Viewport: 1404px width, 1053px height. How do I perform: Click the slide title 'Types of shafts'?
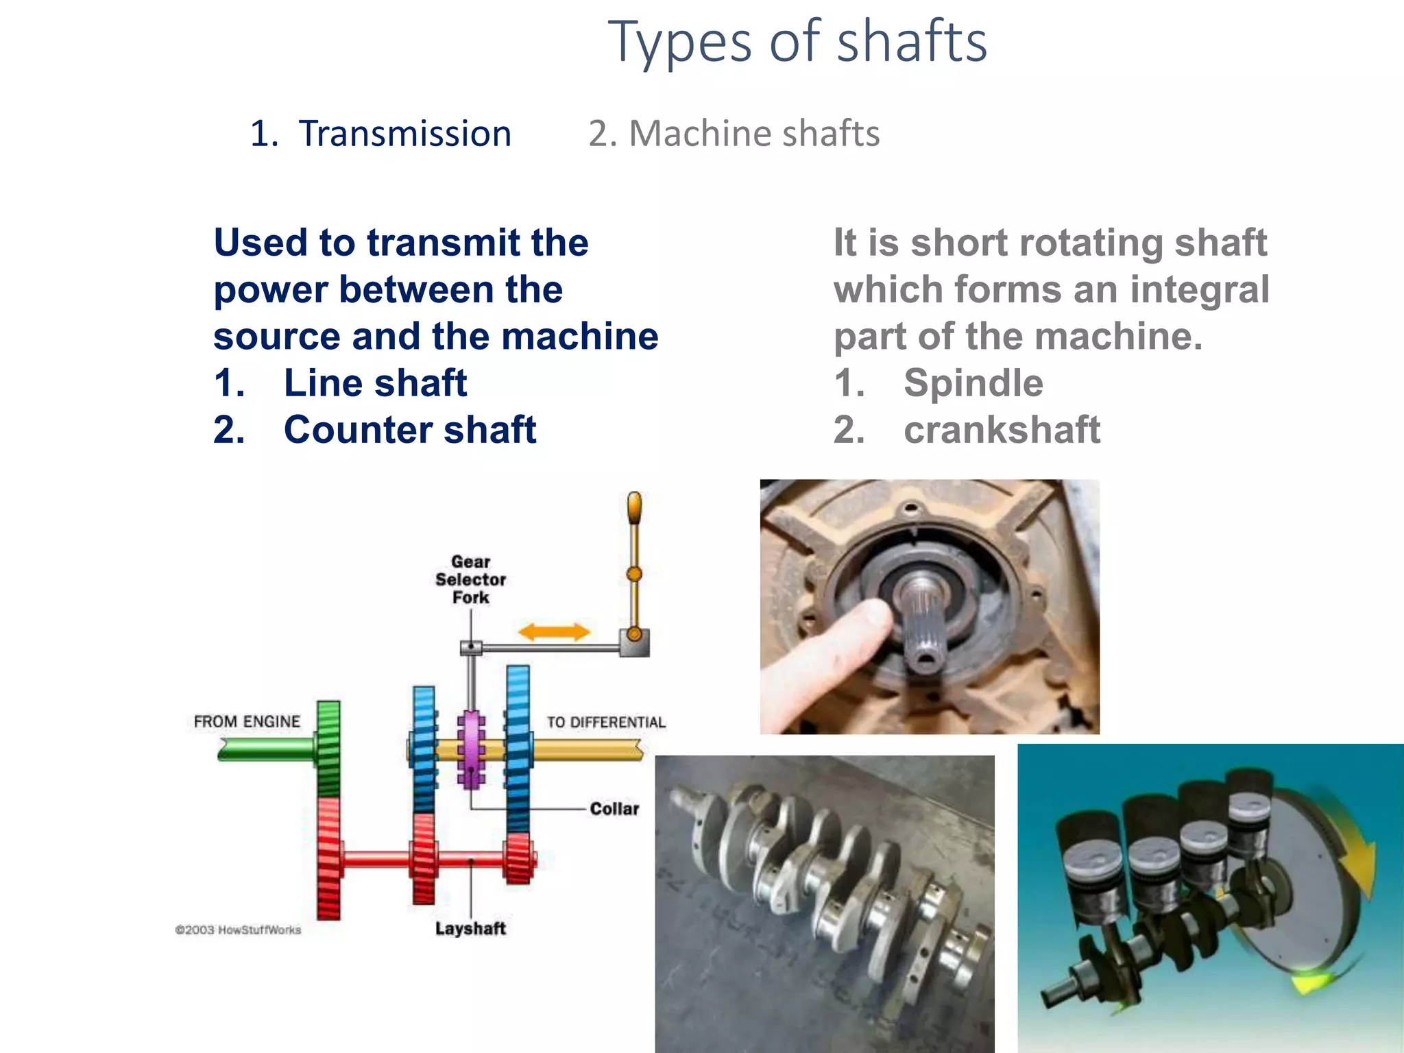(x=797, y=43)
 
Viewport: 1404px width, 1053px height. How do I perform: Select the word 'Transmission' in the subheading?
(x=404, y=134)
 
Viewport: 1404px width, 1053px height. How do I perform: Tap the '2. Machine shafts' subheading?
(x=734, y=134)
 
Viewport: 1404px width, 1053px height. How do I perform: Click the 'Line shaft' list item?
(x=375, y=383)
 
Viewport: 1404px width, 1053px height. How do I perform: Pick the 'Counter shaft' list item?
(x=409, y=430)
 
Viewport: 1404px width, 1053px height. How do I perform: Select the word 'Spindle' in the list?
(x=973, y=383)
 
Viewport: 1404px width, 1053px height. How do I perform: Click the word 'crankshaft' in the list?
(x=1002, y=430)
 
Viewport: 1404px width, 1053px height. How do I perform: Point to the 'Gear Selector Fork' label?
(x=470, y=579)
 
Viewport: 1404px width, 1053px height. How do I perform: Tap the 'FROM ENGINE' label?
(x=247, y=721)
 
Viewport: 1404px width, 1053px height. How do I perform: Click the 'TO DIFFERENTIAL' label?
(x=606, y=722)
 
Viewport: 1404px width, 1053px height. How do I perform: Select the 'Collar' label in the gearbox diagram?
(x=614, y=809)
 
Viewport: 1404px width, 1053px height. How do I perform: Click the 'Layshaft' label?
(x=470, y=929)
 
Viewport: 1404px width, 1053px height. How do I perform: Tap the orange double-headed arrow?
(x=554, y=632)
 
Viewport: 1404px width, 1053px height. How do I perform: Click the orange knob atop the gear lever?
(x=635, y=508)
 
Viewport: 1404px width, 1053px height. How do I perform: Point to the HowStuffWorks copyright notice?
(x=238, y=930)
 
